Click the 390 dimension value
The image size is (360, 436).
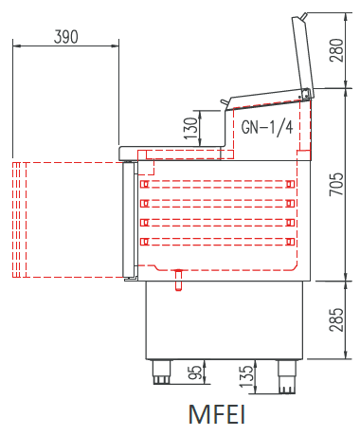point(66,37)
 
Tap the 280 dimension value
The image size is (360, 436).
point(336,50)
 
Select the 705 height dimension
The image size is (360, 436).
point(336,184)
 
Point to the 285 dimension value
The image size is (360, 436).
point(336,319)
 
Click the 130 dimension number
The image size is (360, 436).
point(190,128)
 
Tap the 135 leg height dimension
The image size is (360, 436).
point(246,376)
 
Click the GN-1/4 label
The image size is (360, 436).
point(267,127)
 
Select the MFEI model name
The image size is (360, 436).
point(217,414)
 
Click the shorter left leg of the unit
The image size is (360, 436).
point(161,372)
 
